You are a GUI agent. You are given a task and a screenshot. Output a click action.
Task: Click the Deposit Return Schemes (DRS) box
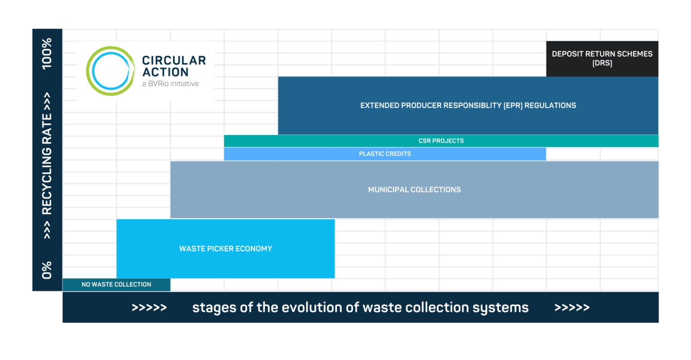602,58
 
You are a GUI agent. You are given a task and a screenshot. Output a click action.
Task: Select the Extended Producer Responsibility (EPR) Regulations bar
468,105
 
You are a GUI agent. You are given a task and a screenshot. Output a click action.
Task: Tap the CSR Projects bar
441,141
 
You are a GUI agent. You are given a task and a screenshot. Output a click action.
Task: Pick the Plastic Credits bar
385,154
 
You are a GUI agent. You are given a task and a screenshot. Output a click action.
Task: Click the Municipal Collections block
414,189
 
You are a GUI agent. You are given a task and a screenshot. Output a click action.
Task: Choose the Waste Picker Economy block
225,248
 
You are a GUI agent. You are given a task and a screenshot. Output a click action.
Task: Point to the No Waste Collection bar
116,284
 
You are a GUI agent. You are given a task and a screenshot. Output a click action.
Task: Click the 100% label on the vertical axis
47,54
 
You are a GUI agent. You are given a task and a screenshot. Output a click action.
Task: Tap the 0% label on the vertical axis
47,270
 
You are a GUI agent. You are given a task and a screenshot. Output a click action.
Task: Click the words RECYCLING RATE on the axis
47,163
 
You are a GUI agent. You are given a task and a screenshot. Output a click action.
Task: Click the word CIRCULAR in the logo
174,60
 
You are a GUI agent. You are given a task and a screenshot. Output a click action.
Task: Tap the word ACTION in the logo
165,72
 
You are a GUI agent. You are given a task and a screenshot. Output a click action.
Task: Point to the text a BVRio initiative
170,84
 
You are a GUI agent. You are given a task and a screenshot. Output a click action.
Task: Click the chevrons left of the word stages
149,308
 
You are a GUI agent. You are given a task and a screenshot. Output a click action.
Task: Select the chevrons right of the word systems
572,308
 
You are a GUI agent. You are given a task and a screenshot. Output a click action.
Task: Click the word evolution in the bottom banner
306,307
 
